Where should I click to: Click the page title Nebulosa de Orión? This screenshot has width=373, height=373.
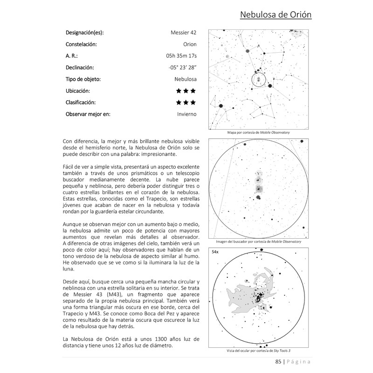276,15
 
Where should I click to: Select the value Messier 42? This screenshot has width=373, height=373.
184,33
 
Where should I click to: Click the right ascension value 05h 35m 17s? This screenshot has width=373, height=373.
178,56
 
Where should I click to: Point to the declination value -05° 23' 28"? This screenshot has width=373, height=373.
183,68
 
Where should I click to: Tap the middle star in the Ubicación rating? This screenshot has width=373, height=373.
186,91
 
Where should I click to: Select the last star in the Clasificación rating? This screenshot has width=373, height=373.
193,103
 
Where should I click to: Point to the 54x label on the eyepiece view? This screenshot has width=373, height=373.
215,252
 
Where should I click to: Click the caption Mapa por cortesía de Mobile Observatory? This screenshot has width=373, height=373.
258,133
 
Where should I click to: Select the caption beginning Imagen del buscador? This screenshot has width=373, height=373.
258,242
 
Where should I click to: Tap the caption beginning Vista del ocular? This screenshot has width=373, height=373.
258,351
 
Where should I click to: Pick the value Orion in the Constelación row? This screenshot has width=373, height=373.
190,44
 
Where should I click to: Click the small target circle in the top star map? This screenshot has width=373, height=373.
258,80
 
